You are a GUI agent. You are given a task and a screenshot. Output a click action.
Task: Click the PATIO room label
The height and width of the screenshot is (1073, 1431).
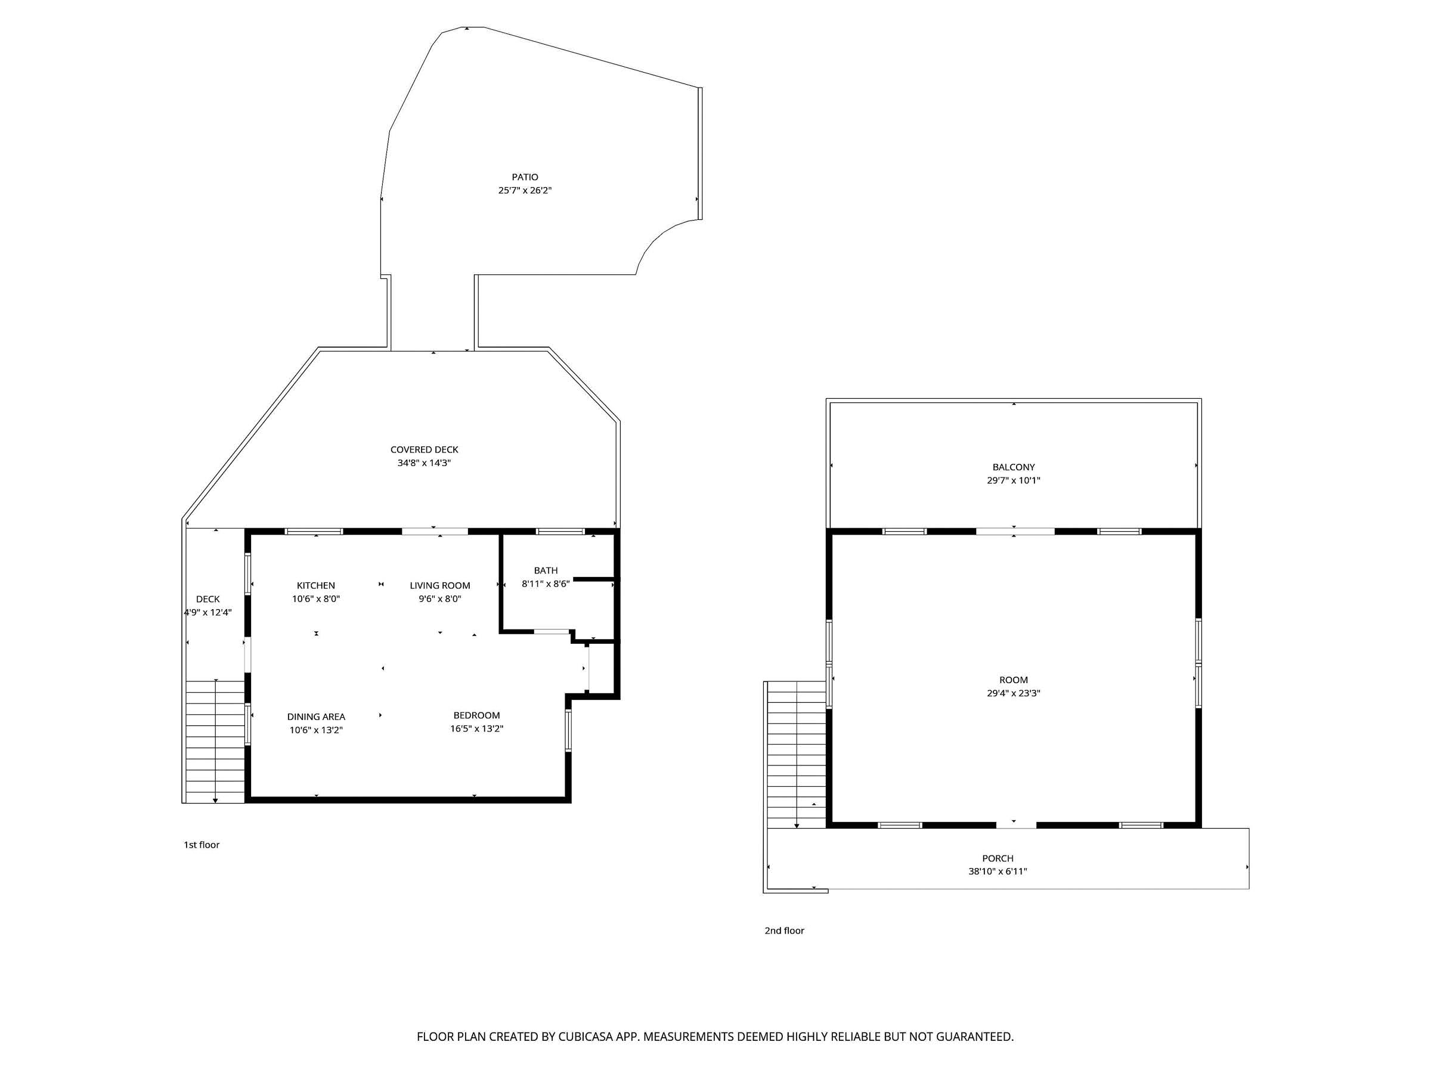pyautogui.click(x=525, y=177)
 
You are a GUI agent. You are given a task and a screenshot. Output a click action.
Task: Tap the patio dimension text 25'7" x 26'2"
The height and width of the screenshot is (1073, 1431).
pyautogui.click(x=525, y=191)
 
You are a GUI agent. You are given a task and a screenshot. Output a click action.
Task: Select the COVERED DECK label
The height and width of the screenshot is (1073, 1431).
pyautogui.click(x=425, y=449)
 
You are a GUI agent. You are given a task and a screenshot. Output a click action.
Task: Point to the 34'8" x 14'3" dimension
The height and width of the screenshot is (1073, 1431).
pyautogui.click(x=425, y=463)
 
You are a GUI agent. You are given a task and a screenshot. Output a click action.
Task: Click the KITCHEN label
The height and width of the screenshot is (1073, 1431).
pyautogui.click(x=315, y=585)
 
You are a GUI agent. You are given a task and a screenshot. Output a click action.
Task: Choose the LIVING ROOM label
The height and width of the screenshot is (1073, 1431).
pyautogui.click(x=440, y=585)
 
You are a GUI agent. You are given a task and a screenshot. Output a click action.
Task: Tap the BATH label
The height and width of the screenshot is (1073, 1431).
pyautogui.click(x=546, y=570)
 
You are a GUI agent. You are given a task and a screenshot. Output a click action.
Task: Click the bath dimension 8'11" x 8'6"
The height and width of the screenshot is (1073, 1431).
pyautogui.click(x=546, y=584)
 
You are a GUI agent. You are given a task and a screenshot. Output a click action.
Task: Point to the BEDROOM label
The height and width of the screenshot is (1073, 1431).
pyautogui.click(x=477, y=715)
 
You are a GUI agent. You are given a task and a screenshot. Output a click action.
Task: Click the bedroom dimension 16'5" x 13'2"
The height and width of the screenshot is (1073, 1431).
pyautogui.click(x=477, y=729)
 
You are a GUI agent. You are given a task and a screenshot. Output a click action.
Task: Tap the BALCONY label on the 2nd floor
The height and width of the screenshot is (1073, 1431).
pyautogui.click(x=1014, y=467)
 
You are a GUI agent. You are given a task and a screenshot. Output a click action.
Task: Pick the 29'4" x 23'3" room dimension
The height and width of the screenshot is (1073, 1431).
pyautogui.click(x=1014, y=693)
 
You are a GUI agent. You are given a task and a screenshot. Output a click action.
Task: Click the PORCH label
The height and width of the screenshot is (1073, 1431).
pyautogui.click(x=998, y=858)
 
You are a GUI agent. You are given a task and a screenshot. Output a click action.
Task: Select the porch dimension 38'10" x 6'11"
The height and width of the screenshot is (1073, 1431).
pyautogui.click(x=998, y=871)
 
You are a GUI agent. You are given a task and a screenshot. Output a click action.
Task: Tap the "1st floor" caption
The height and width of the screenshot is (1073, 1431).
pyautogui.click(x=202, y=845)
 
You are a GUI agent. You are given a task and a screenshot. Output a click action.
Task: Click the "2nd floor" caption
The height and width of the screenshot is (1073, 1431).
pyautogui.click(x=784, y=931)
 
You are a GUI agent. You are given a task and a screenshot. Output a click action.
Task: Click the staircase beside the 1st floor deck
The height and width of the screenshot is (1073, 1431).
pyautogui.click(x=215, y=741)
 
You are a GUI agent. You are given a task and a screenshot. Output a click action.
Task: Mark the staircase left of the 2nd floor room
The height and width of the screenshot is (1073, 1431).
pyautogui.click(x=797, y=754)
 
